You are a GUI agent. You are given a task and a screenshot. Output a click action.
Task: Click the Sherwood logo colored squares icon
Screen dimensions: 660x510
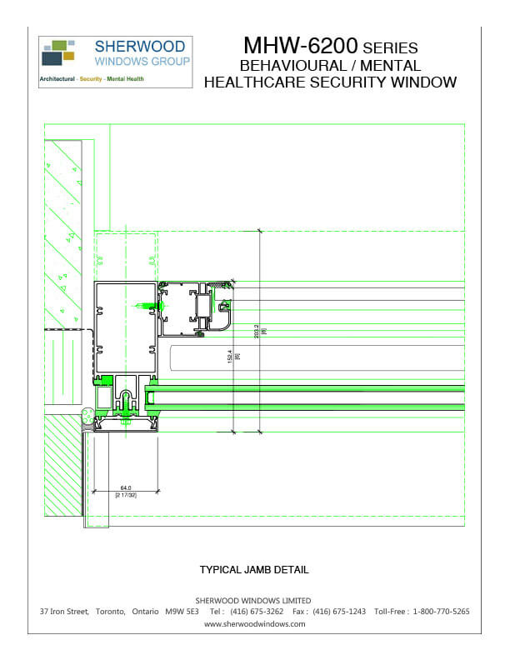click(x=58, y=52)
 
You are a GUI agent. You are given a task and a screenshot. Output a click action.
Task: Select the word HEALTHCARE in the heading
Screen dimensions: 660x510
click(x=267, y=82)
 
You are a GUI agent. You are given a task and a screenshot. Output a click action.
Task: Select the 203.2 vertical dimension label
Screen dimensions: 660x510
click(x=257, y=330)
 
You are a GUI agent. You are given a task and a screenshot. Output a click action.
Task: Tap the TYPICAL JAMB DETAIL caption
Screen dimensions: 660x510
click(x=254, y=570)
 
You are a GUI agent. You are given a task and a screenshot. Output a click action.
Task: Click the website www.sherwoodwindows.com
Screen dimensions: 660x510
click(x=254, y=623)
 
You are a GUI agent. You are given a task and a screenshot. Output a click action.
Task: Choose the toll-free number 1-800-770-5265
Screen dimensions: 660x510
click(x=442, y=612)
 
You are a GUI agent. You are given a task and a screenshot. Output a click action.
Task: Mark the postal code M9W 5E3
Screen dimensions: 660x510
click(x=181, y=612)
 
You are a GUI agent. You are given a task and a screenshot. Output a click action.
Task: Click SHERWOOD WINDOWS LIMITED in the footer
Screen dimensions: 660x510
click(x=253, y=600)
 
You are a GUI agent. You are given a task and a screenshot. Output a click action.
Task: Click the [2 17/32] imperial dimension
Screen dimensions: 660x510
click(x=126, y=496)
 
